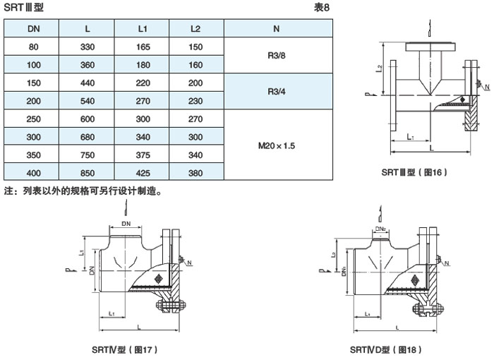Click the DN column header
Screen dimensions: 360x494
pyautogui.click(x=33, y=29)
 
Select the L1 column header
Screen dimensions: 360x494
pyautogui.click(x=142, y=29)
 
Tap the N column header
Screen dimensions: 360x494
pyautogui.click(x=275, y=29)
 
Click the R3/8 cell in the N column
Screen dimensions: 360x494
pyautogui.click(x=275, y=56)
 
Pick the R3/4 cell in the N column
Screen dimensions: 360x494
pyautogui.click(x=275, y=92)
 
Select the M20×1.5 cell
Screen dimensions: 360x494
pyautogui.click(x=275, y=145)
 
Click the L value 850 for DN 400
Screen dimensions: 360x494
pyautogui.click(x=88, y=172)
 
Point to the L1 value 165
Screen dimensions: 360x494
pyautogui.click(x=142, y=47)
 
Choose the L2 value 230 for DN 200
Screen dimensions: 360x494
pyautogui.click(x=196, y=101)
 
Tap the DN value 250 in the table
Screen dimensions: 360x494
pyautogui.click(x=33, y=119)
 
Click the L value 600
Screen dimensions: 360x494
pyautogui.click(x=88, y=119)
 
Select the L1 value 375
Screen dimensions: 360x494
pyautogui.click(x=142, y=155)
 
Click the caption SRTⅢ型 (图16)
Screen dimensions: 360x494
pyautogui.click(x=414, y=172)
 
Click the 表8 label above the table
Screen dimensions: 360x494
pyautogui.click(x=322, y=7)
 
